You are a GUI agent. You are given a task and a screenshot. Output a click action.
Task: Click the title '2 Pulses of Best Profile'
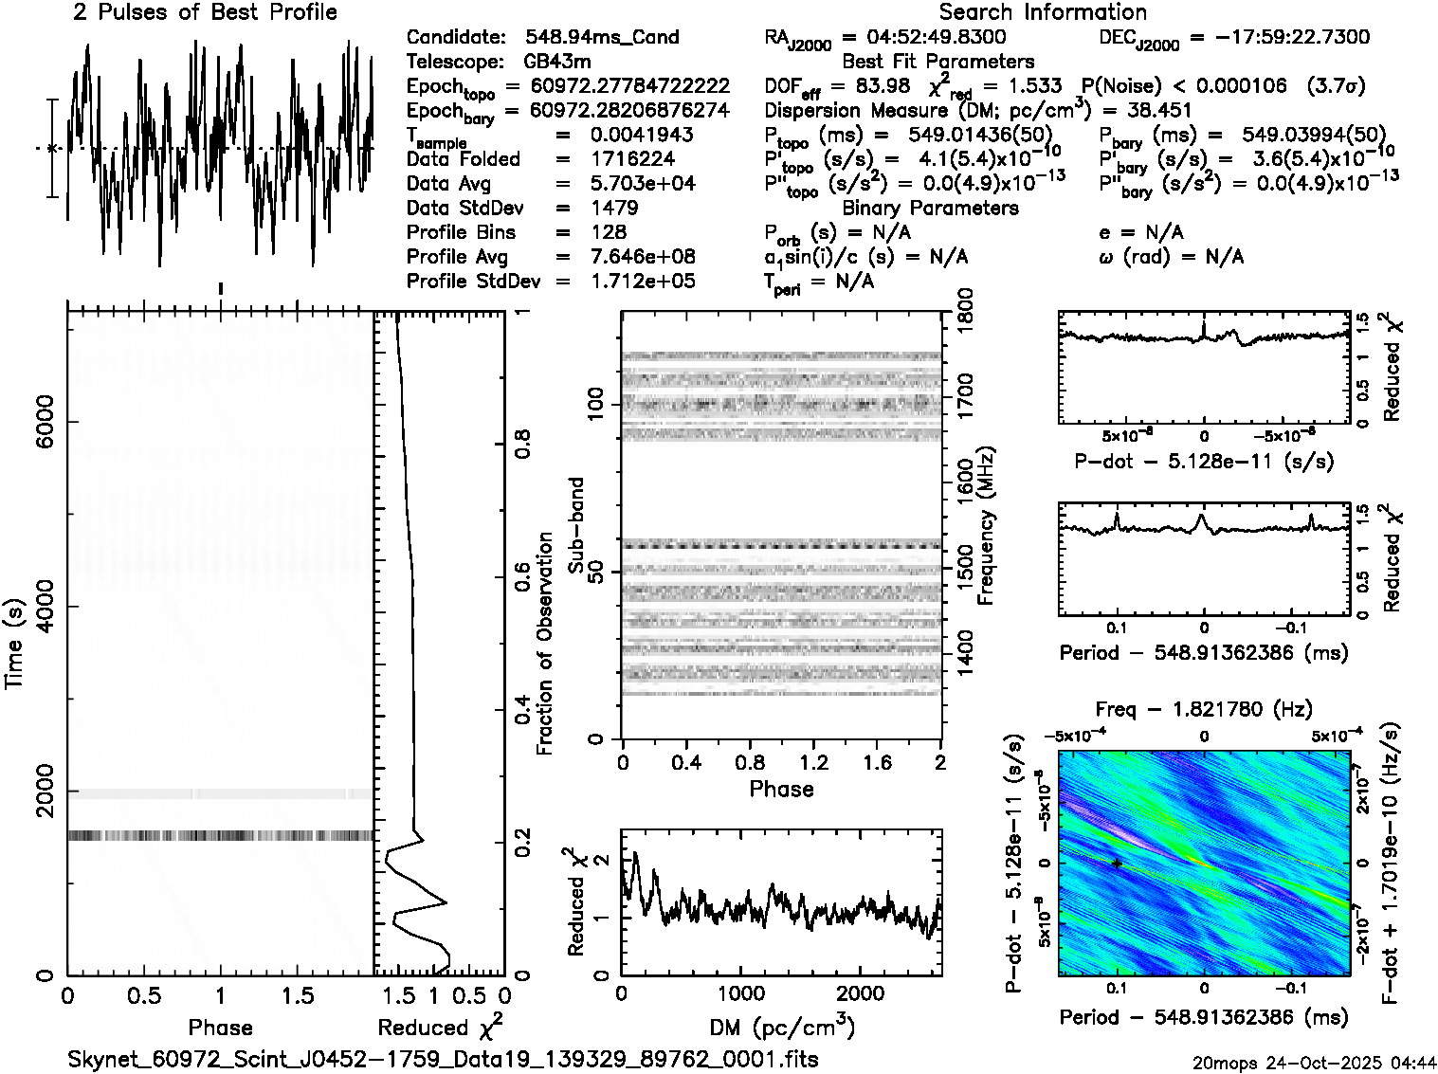pos(204,12)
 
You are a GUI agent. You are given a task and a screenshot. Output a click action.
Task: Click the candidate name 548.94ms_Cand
pos(601,37)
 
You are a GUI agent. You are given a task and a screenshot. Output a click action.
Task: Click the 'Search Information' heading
pos(1042,12)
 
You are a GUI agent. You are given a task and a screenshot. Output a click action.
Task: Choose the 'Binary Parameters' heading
pos(930,208)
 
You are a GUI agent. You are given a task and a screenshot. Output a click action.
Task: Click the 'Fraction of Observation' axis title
pos(544,644)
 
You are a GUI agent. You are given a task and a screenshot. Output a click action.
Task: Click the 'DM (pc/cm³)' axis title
pos(782,1028)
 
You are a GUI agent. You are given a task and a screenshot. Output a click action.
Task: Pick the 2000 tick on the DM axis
pos(860,992)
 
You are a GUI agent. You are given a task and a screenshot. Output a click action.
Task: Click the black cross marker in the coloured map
pos(1118,864)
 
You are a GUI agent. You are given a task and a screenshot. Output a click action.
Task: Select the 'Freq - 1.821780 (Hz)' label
pos(1203,709)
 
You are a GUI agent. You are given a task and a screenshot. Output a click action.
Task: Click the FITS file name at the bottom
pos(443,1058)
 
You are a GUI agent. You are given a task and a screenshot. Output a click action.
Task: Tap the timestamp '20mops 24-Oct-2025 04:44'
pos(1315,1062)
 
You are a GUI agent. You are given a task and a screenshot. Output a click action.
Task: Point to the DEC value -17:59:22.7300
pos(1279,37)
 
